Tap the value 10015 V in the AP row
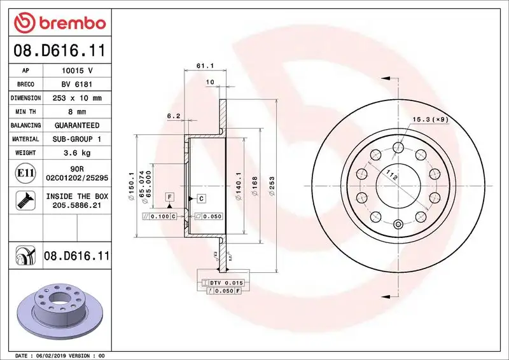tap(77, 71)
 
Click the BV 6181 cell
tap(77, 85)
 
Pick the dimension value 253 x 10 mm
tap(77, 99)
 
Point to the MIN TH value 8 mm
tap(77, 112)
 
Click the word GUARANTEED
tap(77, 125)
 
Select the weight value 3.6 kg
tap(77, 153)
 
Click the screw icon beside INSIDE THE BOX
tap(22, 201)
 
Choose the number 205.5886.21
tap(77, 205)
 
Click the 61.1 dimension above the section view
tap(204, 66)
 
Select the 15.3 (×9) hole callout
tap(430, 119)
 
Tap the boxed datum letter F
tap(170, 197)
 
